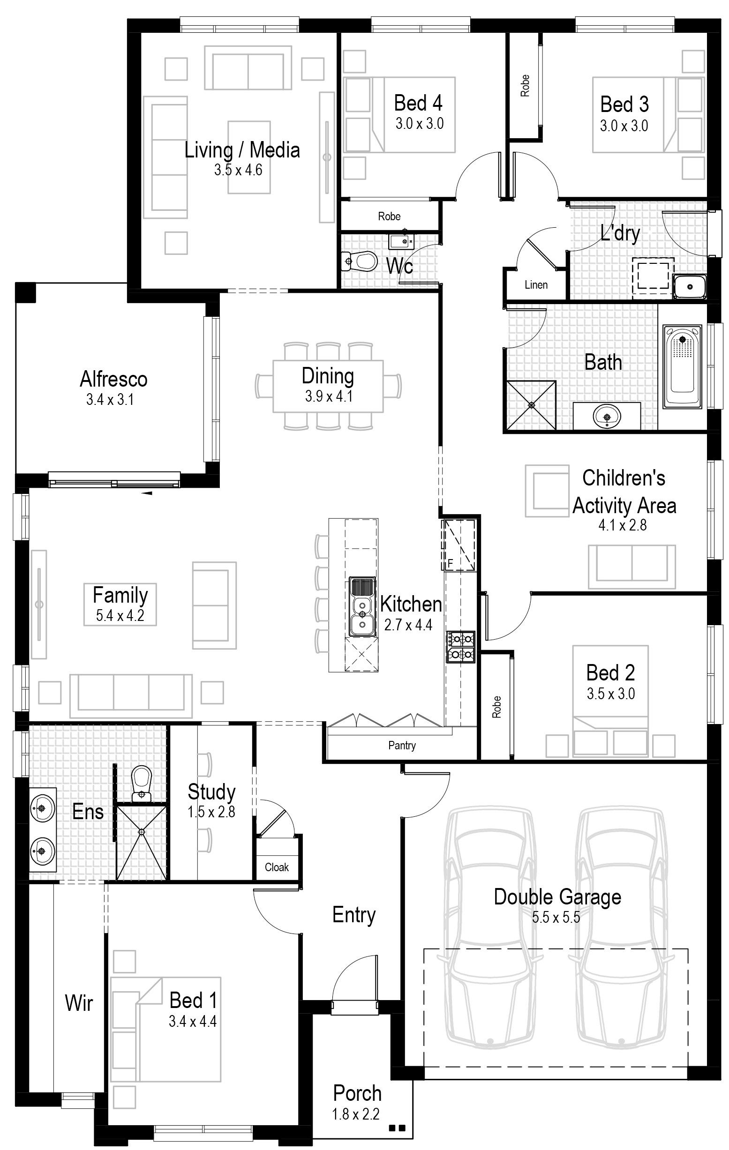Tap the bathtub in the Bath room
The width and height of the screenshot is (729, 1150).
click(682, 367)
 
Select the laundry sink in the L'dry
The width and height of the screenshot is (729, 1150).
click(689, 286)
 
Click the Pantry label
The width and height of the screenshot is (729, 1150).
click(402, 746)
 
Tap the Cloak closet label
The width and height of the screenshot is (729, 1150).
click(277, 867)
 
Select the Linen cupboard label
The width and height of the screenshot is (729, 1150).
click(536, 285)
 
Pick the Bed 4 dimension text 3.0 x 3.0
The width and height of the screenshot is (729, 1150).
click(420, 124)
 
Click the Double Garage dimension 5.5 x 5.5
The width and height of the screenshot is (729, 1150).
click(556, 918)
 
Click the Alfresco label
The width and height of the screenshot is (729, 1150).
click(114, 379)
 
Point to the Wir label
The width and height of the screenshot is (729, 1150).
click(79, 1003)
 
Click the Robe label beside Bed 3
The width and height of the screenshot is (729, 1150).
click(525, 86)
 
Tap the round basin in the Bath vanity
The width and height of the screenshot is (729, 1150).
click(607, 417)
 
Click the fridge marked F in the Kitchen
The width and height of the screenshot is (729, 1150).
click(458, 545)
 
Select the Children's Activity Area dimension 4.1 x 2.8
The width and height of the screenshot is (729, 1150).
click(623, 525)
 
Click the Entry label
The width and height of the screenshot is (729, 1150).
click(354, 916)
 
